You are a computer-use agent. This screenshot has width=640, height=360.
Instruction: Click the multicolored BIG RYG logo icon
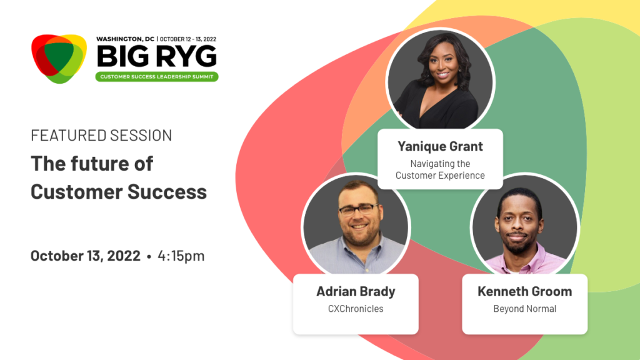59,58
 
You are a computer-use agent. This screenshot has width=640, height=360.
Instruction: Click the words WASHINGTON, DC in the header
125,39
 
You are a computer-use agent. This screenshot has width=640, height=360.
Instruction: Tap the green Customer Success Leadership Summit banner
157,77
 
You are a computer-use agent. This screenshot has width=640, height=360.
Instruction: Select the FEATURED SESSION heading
101,136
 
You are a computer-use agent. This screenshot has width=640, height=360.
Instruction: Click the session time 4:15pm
181,256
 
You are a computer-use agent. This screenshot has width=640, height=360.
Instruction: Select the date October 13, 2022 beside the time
85,256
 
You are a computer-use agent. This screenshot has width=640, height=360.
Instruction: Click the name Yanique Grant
440,146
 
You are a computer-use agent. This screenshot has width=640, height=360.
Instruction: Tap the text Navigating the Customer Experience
440,169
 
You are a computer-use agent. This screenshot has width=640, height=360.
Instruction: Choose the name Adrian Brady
356,291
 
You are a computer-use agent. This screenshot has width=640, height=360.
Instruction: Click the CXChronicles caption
356,309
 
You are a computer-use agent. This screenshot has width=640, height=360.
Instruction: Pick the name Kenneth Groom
524,291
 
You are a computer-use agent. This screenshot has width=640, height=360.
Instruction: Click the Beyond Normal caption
524,309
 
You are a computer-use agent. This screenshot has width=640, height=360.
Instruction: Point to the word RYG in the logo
186,56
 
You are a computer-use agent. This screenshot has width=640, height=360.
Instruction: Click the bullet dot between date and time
149,257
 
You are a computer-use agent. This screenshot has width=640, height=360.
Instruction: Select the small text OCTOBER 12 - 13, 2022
187,39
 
